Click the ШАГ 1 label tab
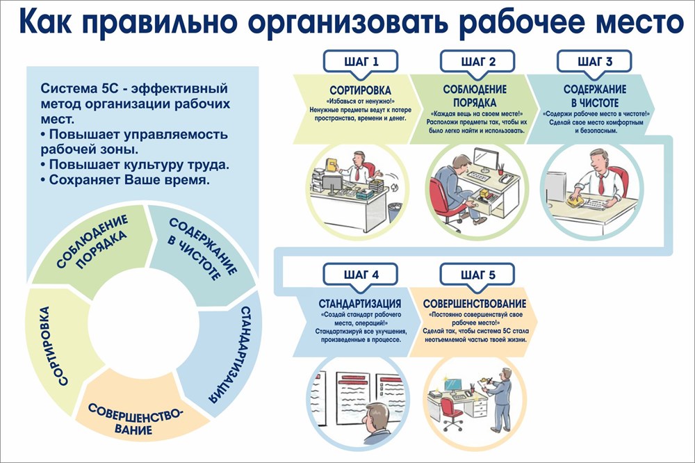[361, 61]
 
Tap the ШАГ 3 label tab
[595, 61]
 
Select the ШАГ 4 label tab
[361, 274]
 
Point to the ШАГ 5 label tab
[477, 274]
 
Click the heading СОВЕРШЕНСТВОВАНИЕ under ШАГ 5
[475, 304]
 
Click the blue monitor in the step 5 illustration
[454, 384]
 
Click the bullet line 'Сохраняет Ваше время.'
[125, 179]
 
